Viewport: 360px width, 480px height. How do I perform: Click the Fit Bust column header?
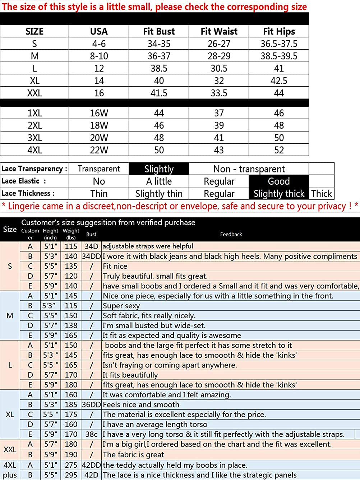[159, 32]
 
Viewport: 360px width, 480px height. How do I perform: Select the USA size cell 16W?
[99, 113]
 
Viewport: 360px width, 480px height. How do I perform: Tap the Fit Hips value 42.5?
[279, 81]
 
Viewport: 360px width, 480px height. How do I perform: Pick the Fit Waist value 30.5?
[219, 68]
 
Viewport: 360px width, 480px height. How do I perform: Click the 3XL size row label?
[34, 138]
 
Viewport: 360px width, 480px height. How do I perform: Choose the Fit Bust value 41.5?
[159, 93]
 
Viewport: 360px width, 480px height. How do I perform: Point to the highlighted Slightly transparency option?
[159, 169]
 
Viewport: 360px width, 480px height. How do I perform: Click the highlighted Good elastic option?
[278, 181]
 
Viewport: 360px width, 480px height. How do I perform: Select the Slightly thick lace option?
[279, 194]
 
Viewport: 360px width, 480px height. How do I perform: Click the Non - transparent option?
[249, 169]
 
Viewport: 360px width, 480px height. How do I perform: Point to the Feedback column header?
[231, 234]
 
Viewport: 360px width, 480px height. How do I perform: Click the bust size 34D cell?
[91, 246]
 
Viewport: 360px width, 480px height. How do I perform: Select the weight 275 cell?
[71, 465]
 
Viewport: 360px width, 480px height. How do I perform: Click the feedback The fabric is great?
[133, 454]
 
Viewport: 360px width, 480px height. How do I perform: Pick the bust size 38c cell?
[91, 434]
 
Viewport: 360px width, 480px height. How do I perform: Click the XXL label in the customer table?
[10, 449]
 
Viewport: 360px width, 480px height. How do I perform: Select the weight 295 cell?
[71, 475]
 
